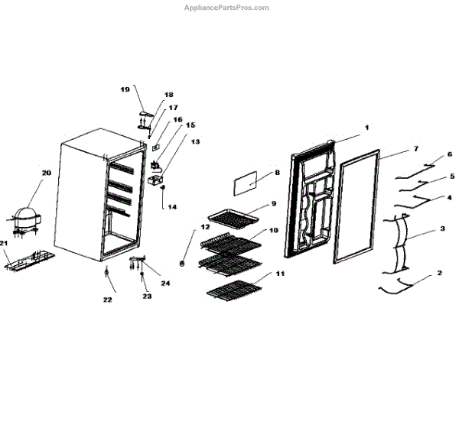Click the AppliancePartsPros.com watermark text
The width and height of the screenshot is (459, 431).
coord(226,8)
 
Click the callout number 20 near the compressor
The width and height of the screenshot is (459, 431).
coord(46,173)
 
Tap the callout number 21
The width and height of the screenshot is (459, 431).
coord(4,244)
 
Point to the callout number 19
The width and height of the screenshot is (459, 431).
coord(125,89)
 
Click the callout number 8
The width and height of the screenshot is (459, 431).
coord(277,173)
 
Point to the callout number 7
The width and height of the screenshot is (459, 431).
coord(415,147)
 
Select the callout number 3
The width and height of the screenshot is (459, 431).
coord(442,228)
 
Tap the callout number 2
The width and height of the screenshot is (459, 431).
coord(439,273)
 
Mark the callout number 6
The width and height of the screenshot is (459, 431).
coord(450,154)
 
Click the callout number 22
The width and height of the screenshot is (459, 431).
coord(108,300)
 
